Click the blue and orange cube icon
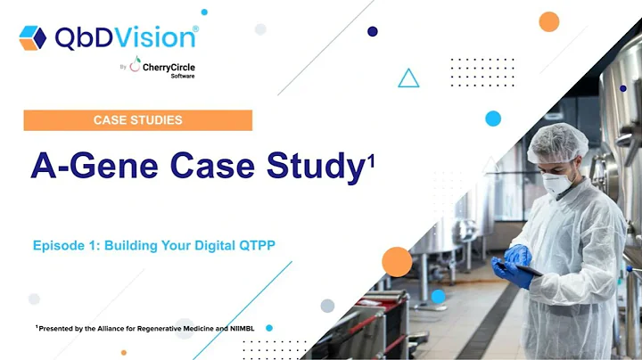coord(32,37)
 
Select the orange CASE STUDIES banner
coord(137,120)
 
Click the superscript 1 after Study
coord(370,160)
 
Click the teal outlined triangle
coord(408,79)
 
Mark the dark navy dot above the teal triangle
coord(373,31)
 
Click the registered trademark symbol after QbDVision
coord(195,28)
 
